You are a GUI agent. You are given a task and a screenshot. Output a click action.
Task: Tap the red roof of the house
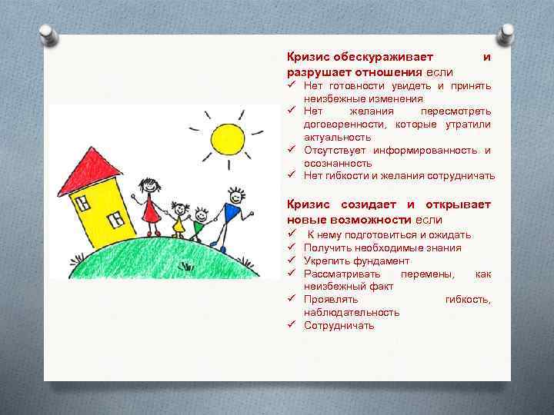tap(89, 170)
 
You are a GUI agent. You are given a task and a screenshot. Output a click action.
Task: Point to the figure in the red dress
tap(149, 204)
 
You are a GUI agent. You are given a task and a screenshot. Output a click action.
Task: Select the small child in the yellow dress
tap(180, 219)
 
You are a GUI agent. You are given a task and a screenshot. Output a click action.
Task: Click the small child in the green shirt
tap(199, 223)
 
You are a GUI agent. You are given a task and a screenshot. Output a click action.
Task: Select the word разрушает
tap(318, 72)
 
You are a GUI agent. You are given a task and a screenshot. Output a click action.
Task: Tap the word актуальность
tap(338, 137)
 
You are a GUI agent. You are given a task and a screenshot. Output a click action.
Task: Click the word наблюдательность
tap(352, 312)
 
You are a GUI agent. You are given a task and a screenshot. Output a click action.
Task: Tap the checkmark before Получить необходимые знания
tap(292, 247)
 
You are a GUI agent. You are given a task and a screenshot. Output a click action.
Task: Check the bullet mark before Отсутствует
tap(292, 150)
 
